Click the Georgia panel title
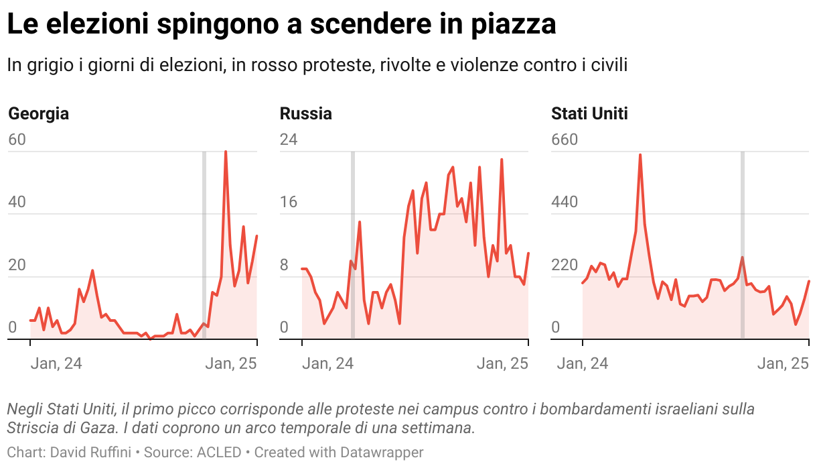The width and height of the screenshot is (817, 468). click(x=38, y=113)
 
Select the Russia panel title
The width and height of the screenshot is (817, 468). click(x=305, y=113)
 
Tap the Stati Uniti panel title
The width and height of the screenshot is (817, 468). click(x=589, y=113)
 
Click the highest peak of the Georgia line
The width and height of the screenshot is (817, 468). click(x=226, y=152)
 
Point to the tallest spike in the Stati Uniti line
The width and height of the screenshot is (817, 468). click(x=640, y=156)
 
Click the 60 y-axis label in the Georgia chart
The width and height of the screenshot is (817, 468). click(x=17, y=140)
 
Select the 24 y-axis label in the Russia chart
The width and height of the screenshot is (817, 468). click(x=289, y=140)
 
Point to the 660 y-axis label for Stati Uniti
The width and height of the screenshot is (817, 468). click(x=564, y=140)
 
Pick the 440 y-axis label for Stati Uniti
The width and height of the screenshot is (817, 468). click(x=564, y=202)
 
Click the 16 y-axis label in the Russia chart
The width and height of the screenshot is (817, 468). click(x=289, y=202)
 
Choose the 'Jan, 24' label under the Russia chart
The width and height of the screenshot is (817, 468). click(x=327, y=363)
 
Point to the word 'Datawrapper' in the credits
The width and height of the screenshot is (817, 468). click(x=382, y=453)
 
